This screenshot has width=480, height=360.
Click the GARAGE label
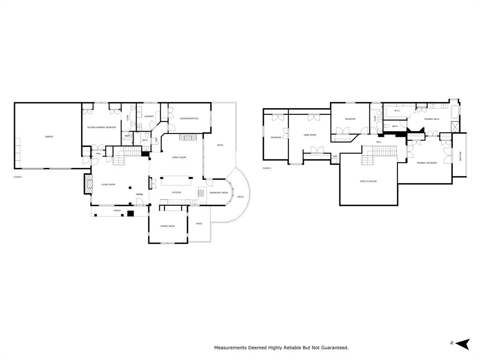(x=49, y=136)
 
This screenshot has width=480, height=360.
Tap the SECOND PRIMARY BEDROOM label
(x=101, y=127)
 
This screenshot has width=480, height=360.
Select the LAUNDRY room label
(x=149, y=116)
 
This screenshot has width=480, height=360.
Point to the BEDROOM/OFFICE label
(x=189, y=119)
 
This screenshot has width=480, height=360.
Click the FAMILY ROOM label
(x=179, y=157)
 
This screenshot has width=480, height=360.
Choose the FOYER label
(x=139, y=194)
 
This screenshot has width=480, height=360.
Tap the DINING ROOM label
(x=167, y=226)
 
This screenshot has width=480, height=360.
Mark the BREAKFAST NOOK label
(x=219, y=193)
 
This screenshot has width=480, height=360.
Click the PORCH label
(x=117, y=210)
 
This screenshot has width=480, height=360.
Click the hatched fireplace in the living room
(x=87, y=184)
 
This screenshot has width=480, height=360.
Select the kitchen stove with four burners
(x=201, y=192)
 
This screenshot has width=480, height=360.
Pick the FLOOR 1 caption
(x=18, y=177)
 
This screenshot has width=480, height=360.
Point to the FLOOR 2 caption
(x=267, y=168)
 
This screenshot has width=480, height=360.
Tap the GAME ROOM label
(x=310, y=135)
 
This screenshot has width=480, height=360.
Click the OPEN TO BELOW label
(x=368, y=181)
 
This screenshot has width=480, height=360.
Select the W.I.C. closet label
(x=397, y=111)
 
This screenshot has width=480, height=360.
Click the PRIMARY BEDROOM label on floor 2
(x=427, y=163)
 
